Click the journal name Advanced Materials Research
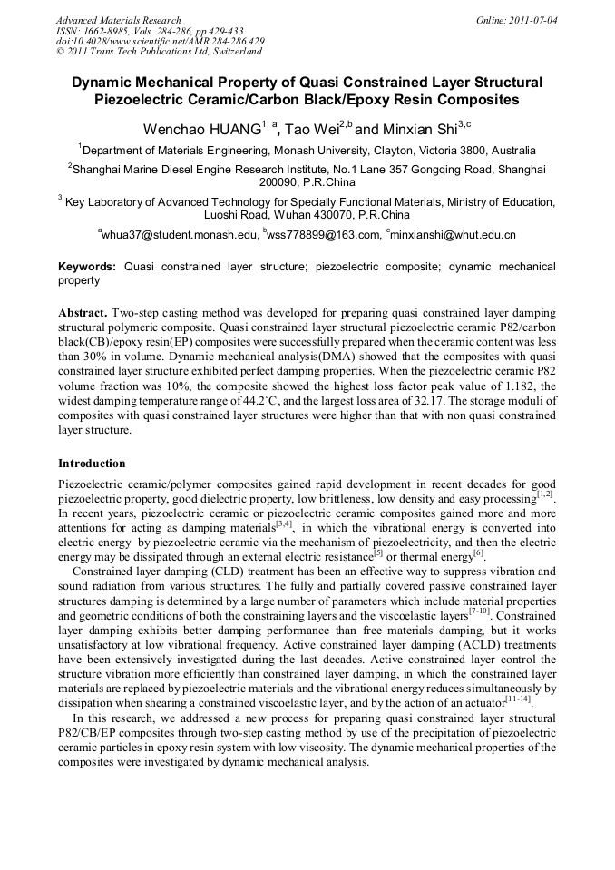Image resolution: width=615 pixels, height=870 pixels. pyautogui.click(x=118, y=20)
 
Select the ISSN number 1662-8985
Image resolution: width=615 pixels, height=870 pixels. pyautogui.click(x=115, y=31)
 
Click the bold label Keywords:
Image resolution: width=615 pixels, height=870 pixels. pyautogui.click(x=87, y=268)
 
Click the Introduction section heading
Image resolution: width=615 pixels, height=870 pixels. pyautogui.click(x=92, y=464)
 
